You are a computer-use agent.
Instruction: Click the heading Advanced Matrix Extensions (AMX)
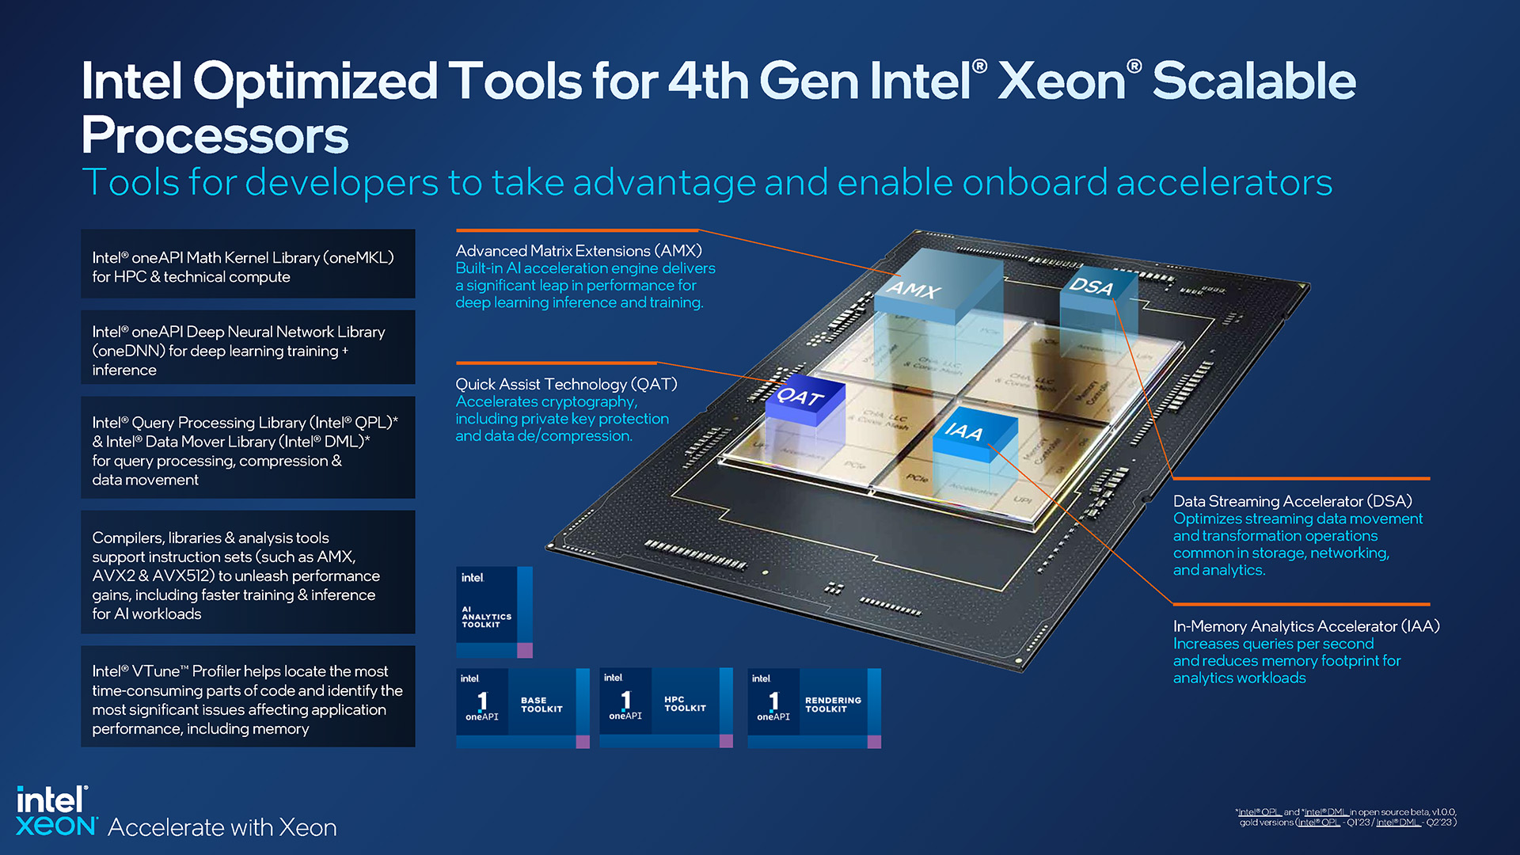tap(579, 251)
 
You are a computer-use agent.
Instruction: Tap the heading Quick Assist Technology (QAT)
tap(566, 384)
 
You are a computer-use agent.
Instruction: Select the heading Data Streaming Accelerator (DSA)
tap(1292, 501)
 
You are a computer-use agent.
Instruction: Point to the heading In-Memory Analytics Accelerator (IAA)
tap(1306, 626)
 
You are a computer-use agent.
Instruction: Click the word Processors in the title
tap(215, 135)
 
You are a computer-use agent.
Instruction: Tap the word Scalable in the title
tap(1253, 81)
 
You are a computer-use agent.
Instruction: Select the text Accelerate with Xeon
tap(222, 827)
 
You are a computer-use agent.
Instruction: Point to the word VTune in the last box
tap(156, 671)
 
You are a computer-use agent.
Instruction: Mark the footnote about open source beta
tap(1346, 817)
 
